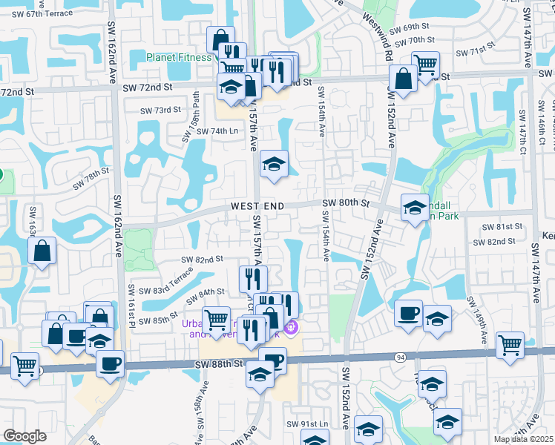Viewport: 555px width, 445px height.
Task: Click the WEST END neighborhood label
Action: coord(256,205)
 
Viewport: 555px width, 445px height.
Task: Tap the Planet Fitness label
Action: coord(180,57)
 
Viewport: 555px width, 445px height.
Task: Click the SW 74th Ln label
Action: coord(207,131)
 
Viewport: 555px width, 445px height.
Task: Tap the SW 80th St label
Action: coord(346,202)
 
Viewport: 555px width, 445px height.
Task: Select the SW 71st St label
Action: coord(476,52)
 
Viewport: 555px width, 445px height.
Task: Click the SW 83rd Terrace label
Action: coord(165,283)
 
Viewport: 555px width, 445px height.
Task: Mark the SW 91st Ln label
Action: coord(306,423)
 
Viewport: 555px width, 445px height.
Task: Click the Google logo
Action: coord(24,435)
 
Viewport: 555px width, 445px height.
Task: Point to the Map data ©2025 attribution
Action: coord(524,439)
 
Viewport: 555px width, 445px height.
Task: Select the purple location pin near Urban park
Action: coord(290,326)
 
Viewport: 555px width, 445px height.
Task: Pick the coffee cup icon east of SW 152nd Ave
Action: coord(408,313)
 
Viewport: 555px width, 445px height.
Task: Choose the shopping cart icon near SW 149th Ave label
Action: coord(510,344)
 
